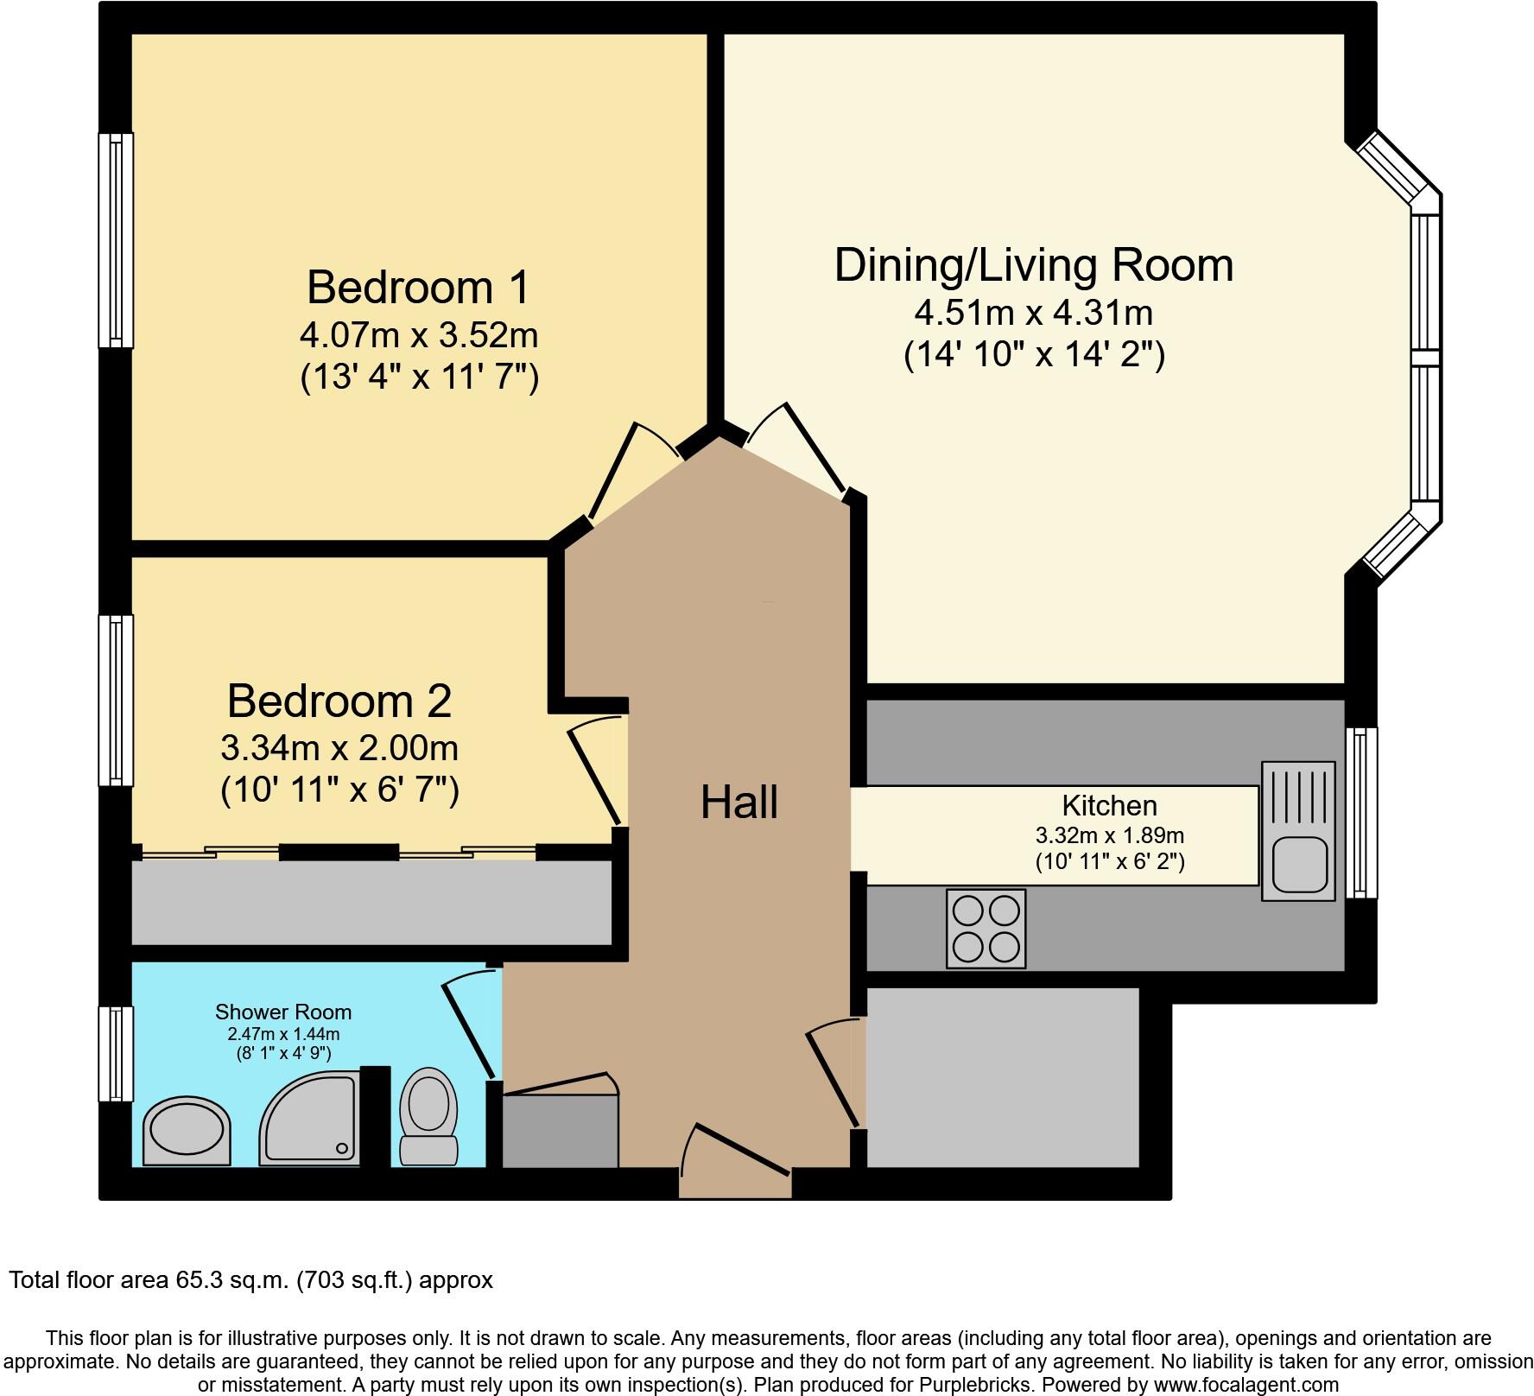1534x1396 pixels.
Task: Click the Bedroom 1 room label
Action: [x=417, y=287]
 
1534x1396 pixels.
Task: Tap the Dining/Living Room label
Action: [x=1033, y=264]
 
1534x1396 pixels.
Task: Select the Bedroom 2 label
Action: [x=339, y=701]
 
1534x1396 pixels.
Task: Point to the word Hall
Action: [x=739, y=802]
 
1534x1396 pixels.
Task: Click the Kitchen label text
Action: [x=1109, y=805]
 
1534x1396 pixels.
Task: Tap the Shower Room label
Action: [x=283, y=1012]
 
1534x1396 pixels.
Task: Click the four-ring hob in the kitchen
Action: [x=986, y=929]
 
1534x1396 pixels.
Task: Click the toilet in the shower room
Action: [x=429, y=1117]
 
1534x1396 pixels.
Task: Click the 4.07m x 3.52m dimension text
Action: [x=419, y=334]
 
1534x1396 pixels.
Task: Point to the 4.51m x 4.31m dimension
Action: [x=1033, y=312]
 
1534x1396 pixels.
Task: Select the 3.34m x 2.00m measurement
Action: [x=339, y=747]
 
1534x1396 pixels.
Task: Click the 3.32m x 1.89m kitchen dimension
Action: [x=1109, y=835]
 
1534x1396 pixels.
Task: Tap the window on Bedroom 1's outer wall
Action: [x=116, y=240]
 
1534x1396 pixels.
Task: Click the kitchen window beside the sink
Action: [x=1361, y=813]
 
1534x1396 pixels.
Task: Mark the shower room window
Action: [x=116, y=1054]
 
